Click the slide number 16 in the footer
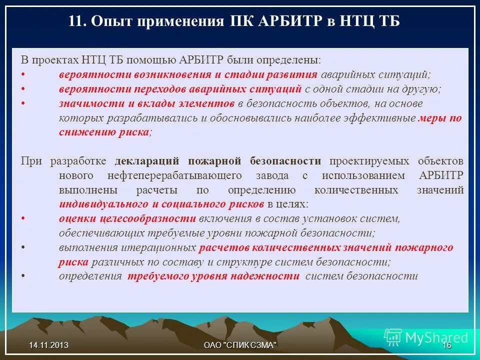(x=447, y=345)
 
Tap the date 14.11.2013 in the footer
(x=48, y=345)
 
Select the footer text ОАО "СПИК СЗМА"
(x=240, y=345)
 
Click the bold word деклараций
(x=148, y=161)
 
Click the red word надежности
(x=272, y=276)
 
